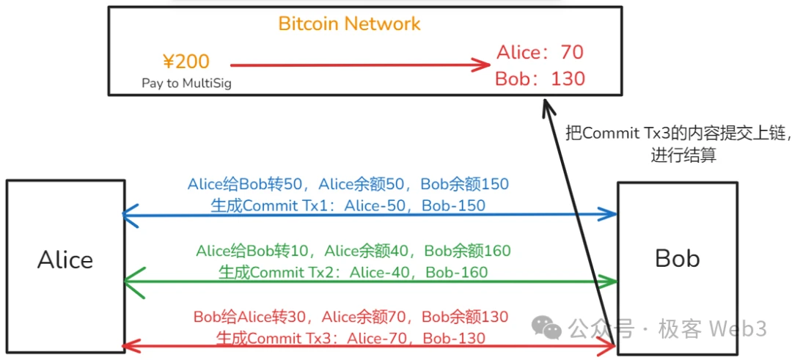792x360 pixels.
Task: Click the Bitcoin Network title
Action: pos(349,23)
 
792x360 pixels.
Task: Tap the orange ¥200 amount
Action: pos(186,62)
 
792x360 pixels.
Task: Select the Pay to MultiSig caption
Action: pos(186,83)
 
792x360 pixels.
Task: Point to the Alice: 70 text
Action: pos(540,53)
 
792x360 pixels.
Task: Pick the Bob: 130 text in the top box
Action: pos(540,78)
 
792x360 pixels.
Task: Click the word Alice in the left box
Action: pos(65,260)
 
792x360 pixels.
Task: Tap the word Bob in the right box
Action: pos(677,258)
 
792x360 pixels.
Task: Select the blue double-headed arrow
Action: pos(370,215)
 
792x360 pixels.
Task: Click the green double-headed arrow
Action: pos(370,281)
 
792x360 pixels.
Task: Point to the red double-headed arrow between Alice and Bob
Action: pos(370,346)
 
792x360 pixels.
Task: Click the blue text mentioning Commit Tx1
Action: pos(348,206)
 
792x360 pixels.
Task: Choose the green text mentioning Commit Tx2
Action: pos(353,272)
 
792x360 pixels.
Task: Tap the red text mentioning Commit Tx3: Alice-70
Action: pos(351,338)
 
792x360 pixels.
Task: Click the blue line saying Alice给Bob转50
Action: pos(348,184)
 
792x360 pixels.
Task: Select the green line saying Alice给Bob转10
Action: pos(353,251)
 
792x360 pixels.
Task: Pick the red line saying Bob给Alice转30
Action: pos(351,317)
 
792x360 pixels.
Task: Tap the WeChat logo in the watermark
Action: pos(547,328)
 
